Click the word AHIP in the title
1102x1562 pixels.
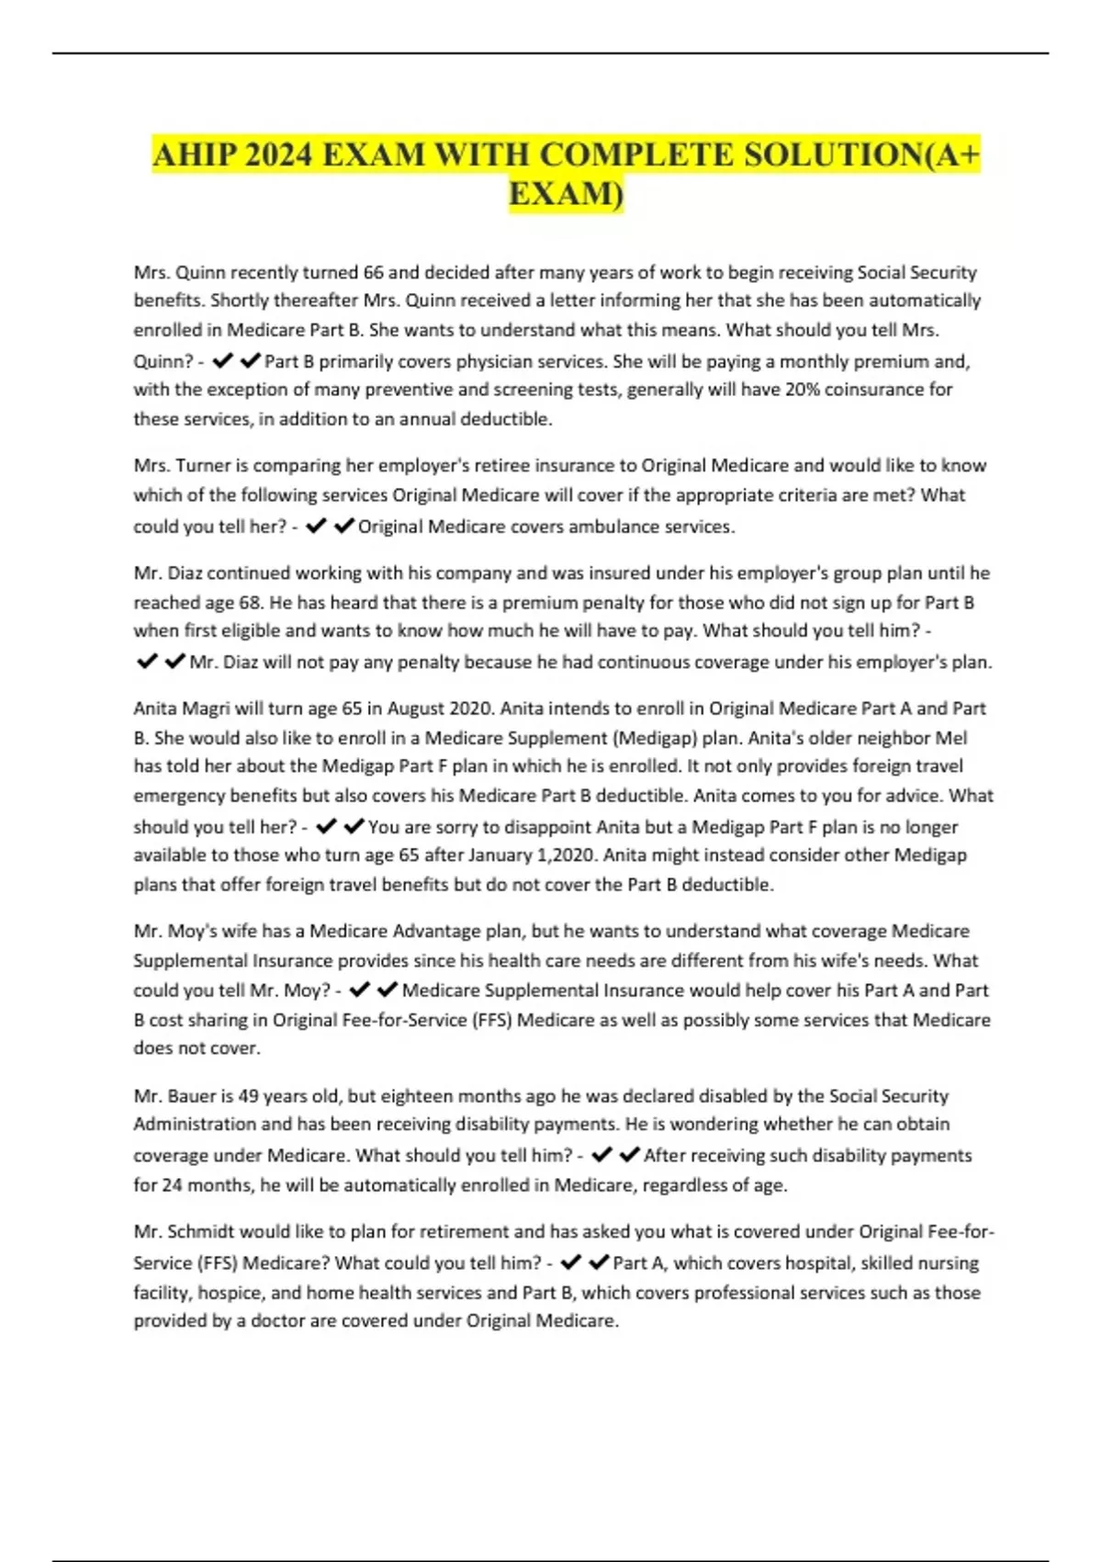point(194,154)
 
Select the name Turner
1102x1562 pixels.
point(204,466)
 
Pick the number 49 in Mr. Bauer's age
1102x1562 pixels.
point(249,1096)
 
